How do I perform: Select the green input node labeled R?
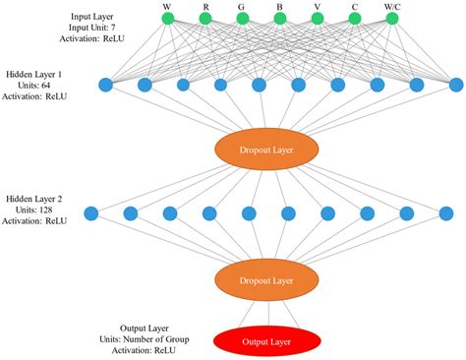point(204,18)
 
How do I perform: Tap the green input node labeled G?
point(242,18)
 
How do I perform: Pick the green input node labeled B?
point(279,18)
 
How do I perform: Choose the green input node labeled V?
point(317,18)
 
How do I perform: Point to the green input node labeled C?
point(354,18)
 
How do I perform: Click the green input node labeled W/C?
point(392,18)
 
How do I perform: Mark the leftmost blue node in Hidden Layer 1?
point(106,85)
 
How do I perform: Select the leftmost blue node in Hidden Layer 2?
point(91,212)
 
